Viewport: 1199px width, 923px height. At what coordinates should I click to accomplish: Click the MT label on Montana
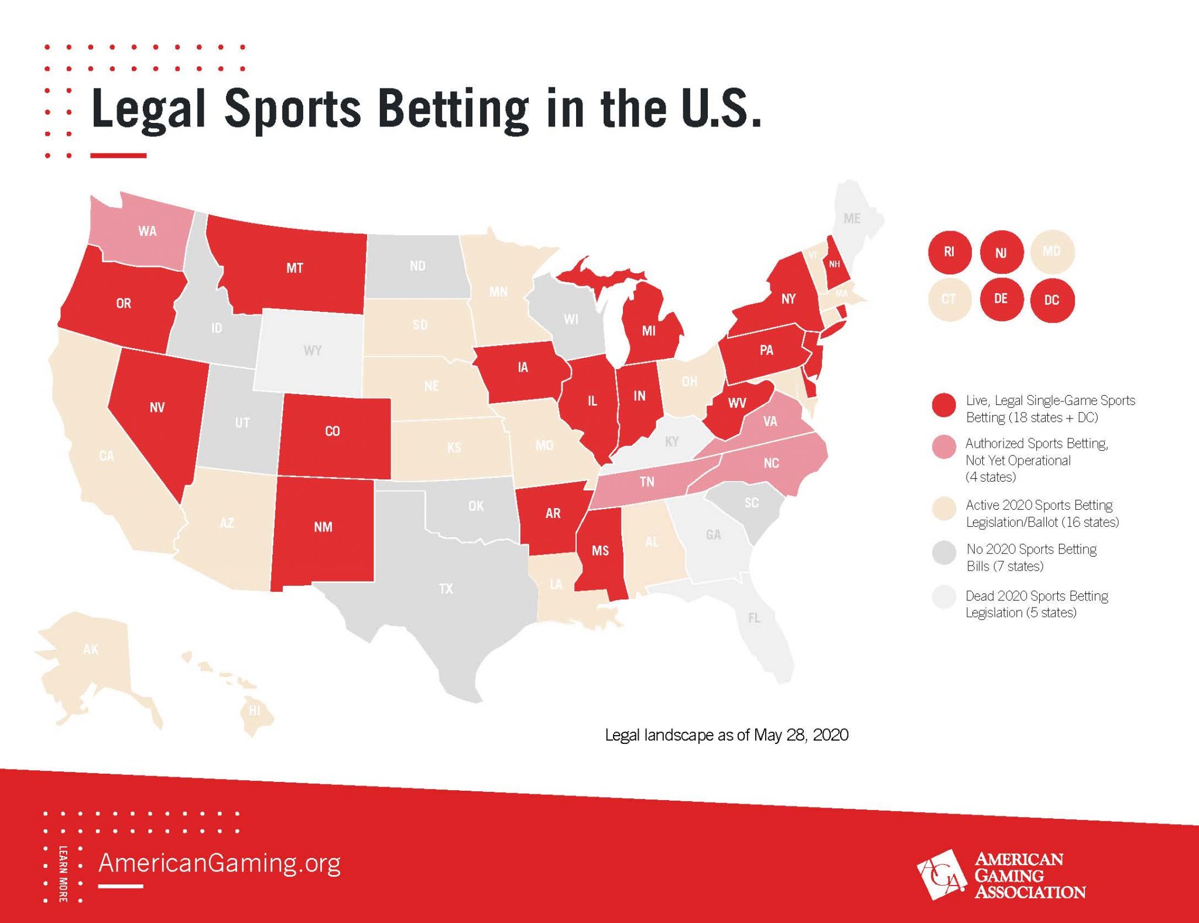coord(294,268)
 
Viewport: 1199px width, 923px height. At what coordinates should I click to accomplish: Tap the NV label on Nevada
coord(157,407)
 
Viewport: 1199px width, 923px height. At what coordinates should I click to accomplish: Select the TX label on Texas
coord(446,589)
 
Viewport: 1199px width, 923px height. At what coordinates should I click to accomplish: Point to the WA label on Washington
coord(148,231)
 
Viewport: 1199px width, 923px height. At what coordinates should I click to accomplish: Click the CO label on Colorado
coord(333,431)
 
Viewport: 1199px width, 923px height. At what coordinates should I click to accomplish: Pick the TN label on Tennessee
coord(647,482)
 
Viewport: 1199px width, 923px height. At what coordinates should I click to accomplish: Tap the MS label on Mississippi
coord(600,551)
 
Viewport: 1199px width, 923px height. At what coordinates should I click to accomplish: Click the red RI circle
coord(949,252)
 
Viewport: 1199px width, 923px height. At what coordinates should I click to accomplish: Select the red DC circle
coord(1051,300)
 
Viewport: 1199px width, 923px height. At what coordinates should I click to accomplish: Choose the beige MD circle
coord(1051,252)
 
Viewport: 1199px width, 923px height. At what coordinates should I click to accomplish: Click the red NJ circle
coord(1001,252)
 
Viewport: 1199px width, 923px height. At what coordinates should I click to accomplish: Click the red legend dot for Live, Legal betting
coord(944,405)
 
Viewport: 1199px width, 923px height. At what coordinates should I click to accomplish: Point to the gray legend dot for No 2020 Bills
coord(944,553)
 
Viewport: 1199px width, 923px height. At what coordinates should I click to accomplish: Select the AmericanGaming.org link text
coord(220,863)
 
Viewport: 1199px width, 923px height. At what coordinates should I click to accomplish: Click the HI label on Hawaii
coord(254,711)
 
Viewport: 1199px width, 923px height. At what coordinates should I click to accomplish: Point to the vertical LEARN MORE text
coord(63,874)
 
